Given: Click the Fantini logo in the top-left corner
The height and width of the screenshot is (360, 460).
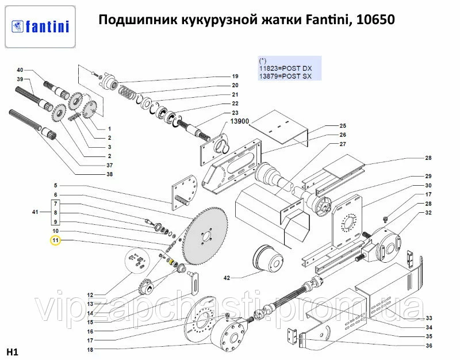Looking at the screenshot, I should pyautogui.click(x=40, y=26).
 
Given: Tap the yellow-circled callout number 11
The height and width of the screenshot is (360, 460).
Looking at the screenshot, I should pyautogui.click(x=56, y=240).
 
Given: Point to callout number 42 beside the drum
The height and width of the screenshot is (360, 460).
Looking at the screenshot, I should pyautogui.click(x=227, y=278).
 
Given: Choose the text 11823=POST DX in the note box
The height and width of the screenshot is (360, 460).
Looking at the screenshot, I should pyautogui.click(x=285, y=68).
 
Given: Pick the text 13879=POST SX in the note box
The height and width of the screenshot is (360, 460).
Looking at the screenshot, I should pyautogui.click(x=285, y=76).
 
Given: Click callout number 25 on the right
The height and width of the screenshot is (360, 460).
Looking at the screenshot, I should pyautogui.click(x=343, y=125).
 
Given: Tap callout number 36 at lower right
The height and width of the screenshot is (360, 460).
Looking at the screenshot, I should pyautogui.click(x=428, y=346).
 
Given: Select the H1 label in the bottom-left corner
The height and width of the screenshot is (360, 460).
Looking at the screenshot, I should pyautogui.click(x=12, y=351).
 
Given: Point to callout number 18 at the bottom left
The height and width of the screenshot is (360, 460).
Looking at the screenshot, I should pyautogui.click(x=90, y=350).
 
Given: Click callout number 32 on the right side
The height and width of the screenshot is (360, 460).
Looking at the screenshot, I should pyautogui.click(x=428, y=213).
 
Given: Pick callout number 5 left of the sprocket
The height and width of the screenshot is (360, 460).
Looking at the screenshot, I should pyautogui.click(x=56, y=186).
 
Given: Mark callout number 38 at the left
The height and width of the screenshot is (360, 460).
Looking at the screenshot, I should pyautogui.click(x=109, y=174).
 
